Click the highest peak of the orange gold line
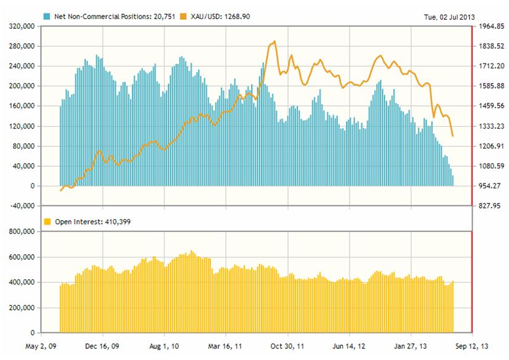point(275,41)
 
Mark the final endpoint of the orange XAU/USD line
point(453,136)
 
